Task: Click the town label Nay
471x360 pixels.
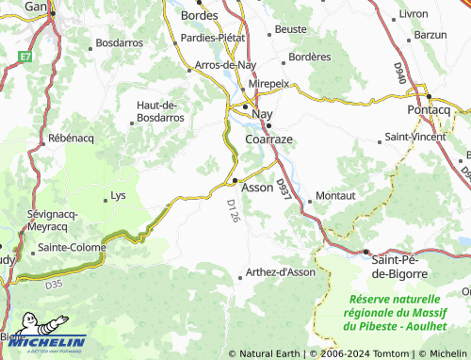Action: coord(262,110)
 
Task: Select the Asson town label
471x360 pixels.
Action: coord(256,188)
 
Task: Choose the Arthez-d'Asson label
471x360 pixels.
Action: coord(281,272)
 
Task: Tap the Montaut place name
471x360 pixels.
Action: coord(335,195)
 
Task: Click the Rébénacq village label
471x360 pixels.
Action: coord(73,139)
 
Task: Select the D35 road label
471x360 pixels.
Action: coord(53,281)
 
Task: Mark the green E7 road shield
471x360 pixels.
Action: coord(24,57)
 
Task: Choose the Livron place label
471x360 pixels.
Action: coord(414,14)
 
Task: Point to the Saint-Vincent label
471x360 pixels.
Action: coord(415,139)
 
